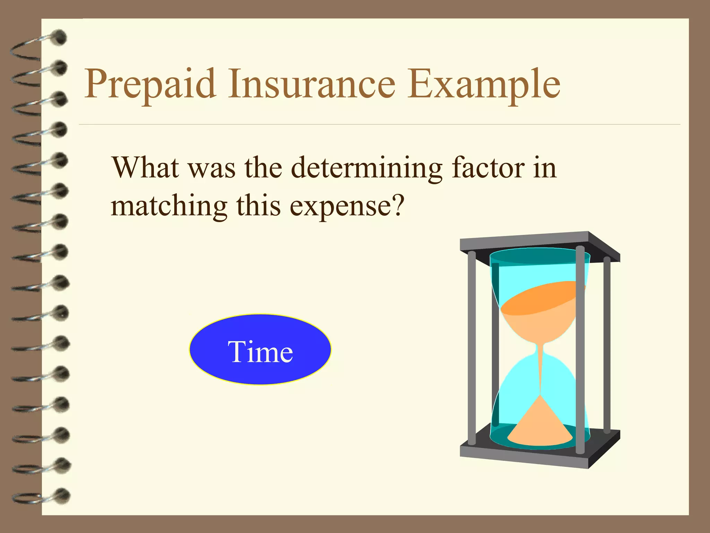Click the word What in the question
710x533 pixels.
[x=146, y=168]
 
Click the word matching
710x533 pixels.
[x=169, y=207]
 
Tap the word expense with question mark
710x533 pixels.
[x=347, y=207]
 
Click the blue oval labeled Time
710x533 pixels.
[x=260, y=349]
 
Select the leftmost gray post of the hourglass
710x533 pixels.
[x=472, y=347]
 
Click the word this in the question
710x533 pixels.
[x=258, y=206]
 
